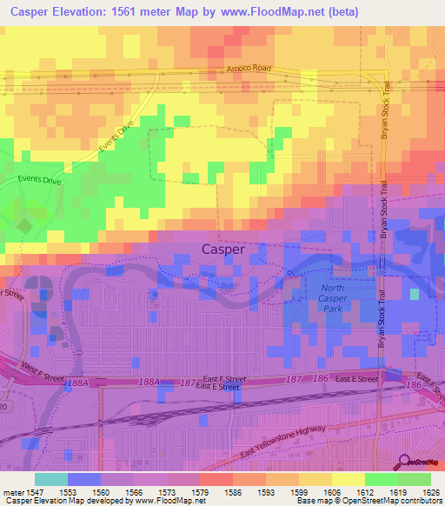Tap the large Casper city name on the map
click(223, 250)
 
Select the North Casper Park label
click(333, 294)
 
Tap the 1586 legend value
click(233, 491)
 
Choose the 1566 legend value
click(134, 491)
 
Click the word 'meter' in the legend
click(10, 491)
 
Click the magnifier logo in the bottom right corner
click(404, 463)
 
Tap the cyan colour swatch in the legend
click(50, 479)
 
